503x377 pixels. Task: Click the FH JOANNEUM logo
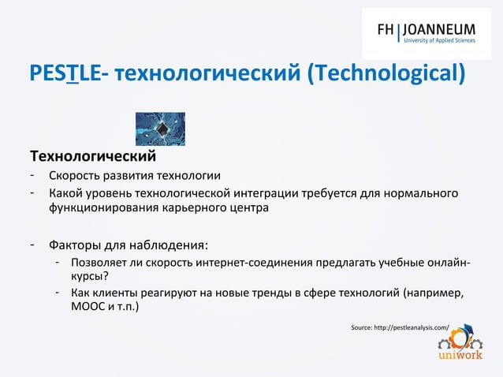430,34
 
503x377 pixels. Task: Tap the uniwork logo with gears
455,346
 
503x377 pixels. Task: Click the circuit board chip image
160,129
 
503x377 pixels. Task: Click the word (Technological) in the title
386,75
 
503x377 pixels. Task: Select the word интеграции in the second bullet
305,193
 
